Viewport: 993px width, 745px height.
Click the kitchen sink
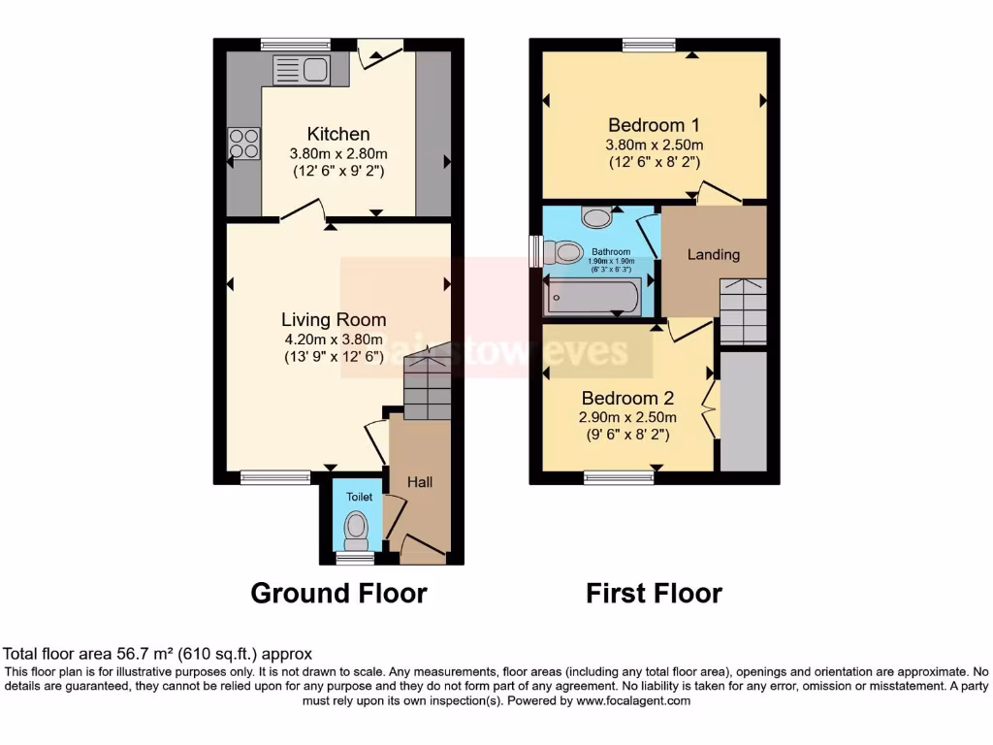[x=302, y=70]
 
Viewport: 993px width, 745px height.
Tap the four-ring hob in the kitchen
[x=244, y=144]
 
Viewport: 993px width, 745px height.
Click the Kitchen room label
[x=338, y=134]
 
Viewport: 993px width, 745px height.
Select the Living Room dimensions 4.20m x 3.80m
[x=333, y=340]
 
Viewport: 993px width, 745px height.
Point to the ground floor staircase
[x=427, y=383]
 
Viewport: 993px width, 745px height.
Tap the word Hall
[x=420, y=482]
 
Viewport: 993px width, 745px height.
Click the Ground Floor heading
[x=338, y=593]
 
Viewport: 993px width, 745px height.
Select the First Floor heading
[x=654, y=593]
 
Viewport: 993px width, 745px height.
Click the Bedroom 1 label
[x=654, y=125]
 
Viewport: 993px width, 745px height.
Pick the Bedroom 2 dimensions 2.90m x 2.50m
[x=627, y=417]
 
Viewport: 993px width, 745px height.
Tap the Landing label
[x=714, y=254]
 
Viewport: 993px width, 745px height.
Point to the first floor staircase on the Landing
[x=744, y=310]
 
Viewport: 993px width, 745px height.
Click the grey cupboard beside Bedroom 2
[x=744, y=411]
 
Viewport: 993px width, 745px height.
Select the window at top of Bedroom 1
[x=649, y=44]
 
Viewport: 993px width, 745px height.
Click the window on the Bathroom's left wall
[x=535, y=251]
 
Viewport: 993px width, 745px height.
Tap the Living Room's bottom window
[x=276, y=476]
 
